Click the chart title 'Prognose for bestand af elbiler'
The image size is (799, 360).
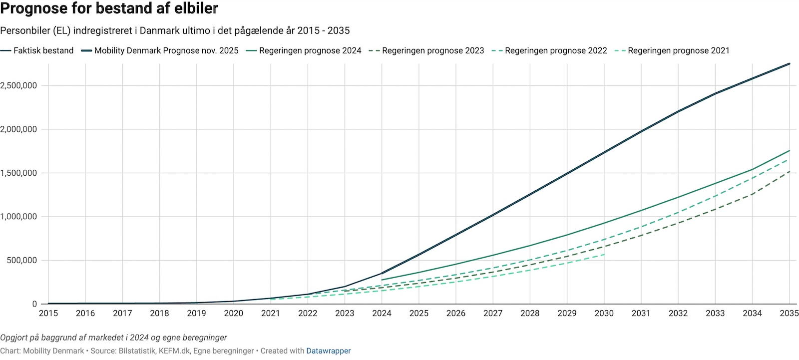coord(109,8)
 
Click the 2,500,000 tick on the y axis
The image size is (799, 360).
coord(18,85)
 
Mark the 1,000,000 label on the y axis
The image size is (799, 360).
coord(18,217)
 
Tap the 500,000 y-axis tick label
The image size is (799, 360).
coord(21,260)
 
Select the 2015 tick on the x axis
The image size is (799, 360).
coord(48,314)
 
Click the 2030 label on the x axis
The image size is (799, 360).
coord(604,314)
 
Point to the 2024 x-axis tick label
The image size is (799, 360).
coord(382,314)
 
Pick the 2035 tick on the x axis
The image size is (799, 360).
coord(789,314)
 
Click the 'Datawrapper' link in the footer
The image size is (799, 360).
coord(328,351)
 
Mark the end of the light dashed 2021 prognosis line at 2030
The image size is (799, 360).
coord(604,255)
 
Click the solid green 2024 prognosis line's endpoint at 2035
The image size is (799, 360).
coord(790,150)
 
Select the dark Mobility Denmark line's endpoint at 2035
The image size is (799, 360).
coord(790,63)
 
